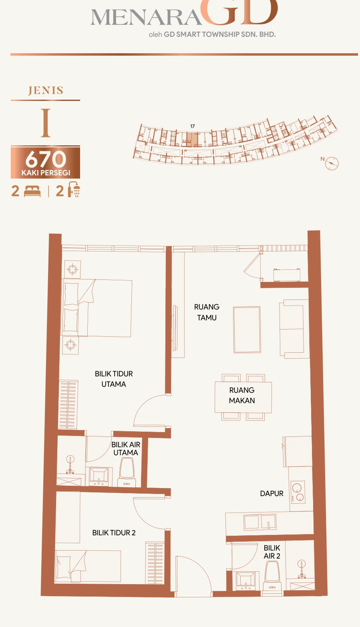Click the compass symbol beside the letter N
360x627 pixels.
[332, 163]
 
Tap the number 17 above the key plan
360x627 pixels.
[192, 126]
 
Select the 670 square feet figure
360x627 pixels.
[46, 159]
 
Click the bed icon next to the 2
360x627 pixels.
[32, 191]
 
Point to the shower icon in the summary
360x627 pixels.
[74, 189]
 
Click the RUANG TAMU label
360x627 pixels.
[207, 312]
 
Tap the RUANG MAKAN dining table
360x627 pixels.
[243, 397]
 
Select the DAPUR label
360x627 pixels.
[272, 494]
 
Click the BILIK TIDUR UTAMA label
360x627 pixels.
[114, 379]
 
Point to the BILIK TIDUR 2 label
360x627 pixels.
[114, 533]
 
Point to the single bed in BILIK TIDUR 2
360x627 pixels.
[88, 566]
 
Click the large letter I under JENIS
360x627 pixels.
[46, 123]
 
